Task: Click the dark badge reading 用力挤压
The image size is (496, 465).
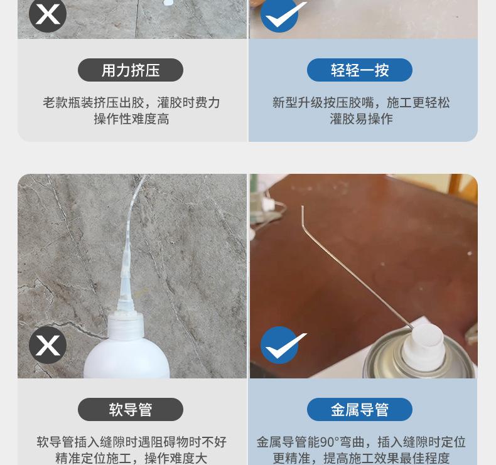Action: click(131, 70)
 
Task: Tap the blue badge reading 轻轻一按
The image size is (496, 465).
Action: click(360, 70)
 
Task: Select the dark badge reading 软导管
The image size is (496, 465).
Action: click(131, 410)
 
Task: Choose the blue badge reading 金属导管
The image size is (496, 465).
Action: click(360, 410)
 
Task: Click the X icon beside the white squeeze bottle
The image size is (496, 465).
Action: click(48, 345)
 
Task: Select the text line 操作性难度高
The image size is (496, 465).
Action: click(131, 119)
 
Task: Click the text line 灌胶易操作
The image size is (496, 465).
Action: click(361, 119)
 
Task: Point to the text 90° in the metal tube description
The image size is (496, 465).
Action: click(330, 442)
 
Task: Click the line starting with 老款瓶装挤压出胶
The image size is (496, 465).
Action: click(131, 102)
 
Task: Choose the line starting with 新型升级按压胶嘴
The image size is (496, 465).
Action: click(361, 102)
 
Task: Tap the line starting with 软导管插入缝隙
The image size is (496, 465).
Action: click(131, 442)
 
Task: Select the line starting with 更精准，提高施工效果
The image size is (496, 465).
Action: click(361, 458)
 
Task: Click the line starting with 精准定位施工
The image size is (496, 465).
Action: click(131, 458)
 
